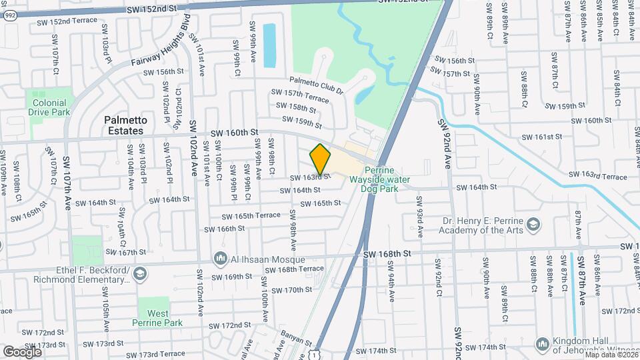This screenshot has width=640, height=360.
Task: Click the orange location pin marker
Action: (x=321, y=159)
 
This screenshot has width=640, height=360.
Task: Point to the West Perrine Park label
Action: (x=158, y=318)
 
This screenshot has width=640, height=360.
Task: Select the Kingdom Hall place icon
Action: (x=543, y=343)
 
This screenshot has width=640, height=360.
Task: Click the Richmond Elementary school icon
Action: (x=140, y=273)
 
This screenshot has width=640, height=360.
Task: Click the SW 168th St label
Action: (x=389, y=255)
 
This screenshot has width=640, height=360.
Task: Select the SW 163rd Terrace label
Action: (x=597, y=177)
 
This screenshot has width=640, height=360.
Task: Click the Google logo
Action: (x=22, y=351)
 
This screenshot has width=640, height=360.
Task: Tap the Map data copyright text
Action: (x=610, y=355)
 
